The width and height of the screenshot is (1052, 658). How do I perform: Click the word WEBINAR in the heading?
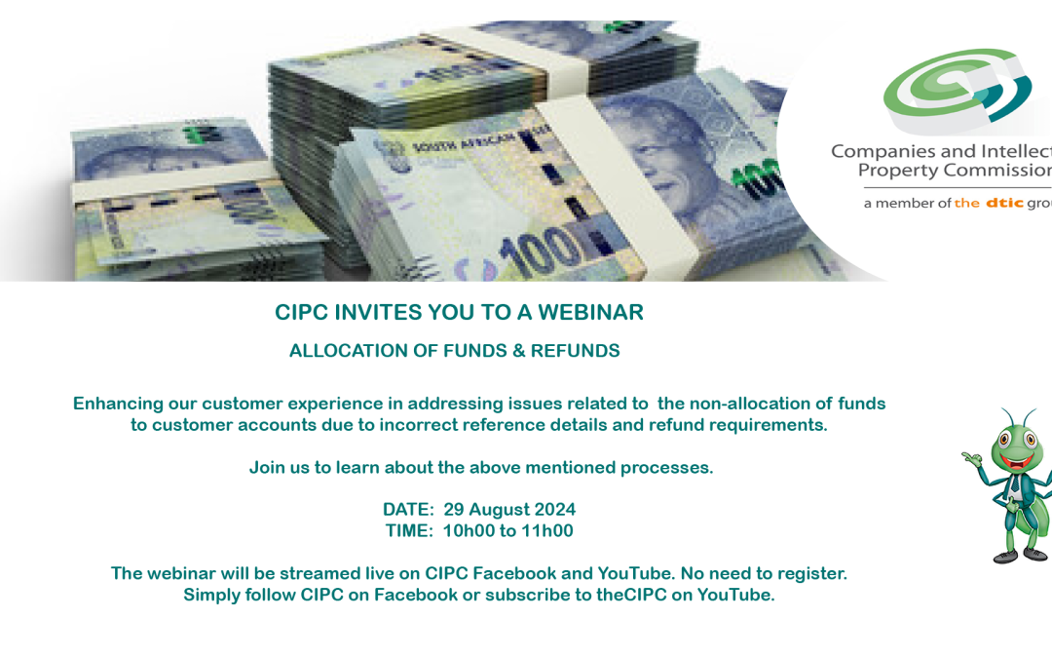590,312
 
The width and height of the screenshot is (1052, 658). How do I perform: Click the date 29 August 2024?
509,510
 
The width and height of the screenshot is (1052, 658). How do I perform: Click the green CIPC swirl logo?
958,88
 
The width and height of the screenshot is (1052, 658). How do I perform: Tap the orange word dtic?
1004,203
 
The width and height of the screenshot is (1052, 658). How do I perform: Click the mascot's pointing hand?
970,460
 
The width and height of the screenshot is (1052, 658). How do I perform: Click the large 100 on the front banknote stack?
540,252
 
